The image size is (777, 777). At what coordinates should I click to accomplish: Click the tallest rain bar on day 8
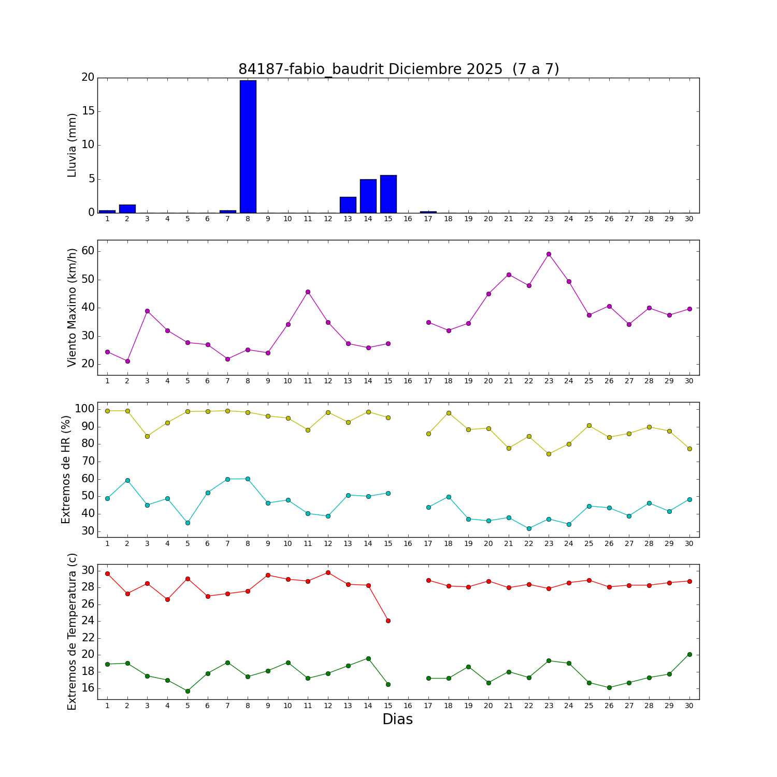click(248, 147)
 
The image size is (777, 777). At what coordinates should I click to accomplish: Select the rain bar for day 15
click(388, 194)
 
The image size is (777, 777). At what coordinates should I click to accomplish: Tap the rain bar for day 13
click(348, 205)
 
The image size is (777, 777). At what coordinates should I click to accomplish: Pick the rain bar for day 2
click(127, 209)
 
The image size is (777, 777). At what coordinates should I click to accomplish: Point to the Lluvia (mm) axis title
click(73, 145)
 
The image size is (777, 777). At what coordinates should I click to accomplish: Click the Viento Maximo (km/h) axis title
click(73, 308)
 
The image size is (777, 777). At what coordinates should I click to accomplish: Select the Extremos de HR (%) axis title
click(66, 469)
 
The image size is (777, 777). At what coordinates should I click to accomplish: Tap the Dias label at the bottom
click(398, 720)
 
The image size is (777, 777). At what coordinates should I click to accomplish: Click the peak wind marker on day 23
click(549, 254)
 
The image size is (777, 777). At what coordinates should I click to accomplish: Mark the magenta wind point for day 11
click(308, 292)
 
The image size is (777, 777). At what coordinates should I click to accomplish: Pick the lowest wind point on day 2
click(127, 361)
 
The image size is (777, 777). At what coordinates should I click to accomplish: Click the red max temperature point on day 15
click(388, 621)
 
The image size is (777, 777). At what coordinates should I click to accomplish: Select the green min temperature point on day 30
click(689, 654)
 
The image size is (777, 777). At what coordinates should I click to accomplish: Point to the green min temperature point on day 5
click(188, 691)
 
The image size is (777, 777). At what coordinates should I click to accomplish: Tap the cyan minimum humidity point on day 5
click(188, 523)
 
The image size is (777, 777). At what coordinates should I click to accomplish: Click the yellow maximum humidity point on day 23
click(549, 454)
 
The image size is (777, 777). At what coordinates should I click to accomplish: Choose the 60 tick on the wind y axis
click(88, 251)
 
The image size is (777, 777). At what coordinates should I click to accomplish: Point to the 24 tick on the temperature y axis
click(88, 621)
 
